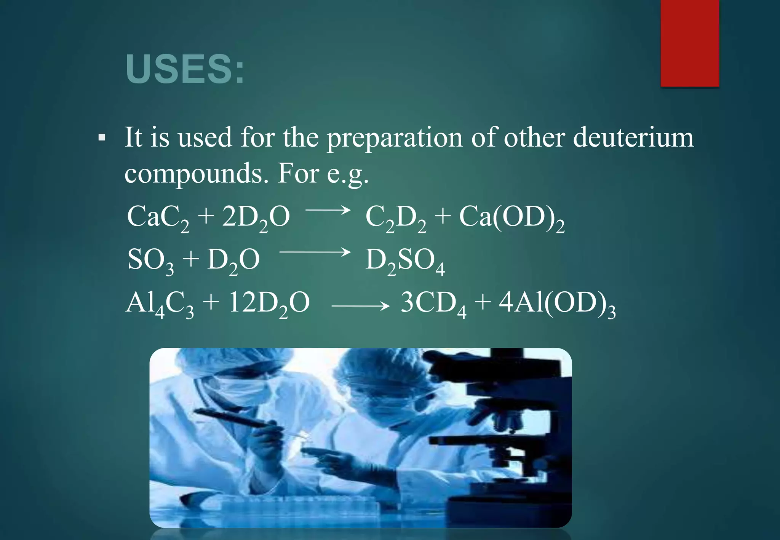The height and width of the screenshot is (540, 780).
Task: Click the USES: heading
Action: coord(185,69)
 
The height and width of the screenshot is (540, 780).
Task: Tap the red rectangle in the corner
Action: coord(689,43)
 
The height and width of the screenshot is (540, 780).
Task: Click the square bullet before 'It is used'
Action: coord(101,137)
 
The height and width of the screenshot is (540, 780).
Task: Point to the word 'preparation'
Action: coord(394,138)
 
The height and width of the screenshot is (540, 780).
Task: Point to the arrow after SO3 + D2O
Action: coord(315,252)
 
